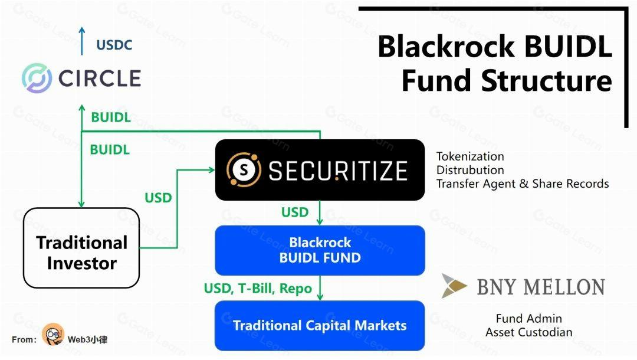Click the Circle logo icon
pos(37,78)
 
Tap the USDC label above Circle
pos(114,45)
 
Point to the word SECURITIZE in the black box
pos(337,171)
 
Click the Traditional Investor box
pos(81,252)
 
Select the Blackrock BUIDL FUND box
pos(320,250)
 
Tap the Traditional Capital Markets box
pos(320,325)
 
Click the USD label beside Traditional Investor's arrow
pos(158,198)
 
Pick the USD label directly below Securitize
pos(294,212)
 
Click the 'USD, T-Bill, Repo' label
pos(258,289)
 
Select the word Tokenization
pos(470,156)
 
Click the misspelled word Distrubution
pos(470,170)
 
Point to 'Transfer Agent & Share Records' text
pos(522,184)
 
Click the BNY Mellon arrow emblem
pos(454,286)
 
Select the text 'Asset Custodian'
pos(529,332)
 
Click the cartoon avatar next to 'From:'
pos(53,335)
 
